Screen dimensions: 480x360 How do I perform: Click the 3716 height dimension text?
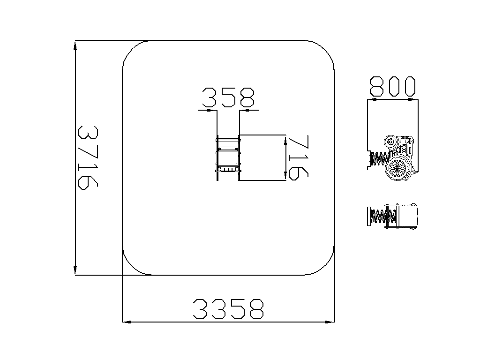[88, 157]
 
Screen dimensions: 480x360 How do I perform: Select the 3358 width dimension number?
[228, 309]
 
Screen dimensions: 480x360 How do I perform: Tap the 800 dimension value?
[393, 87]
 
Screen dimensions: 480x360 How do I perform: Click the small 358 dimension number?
[228, 97]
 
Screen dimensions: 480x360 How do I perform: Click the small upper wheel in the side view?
[391, 142]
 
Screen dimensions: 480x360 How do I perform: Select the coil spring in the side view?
[380, 159]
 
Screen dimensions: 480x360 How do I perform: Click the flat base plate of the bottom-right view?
[369, 216]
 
